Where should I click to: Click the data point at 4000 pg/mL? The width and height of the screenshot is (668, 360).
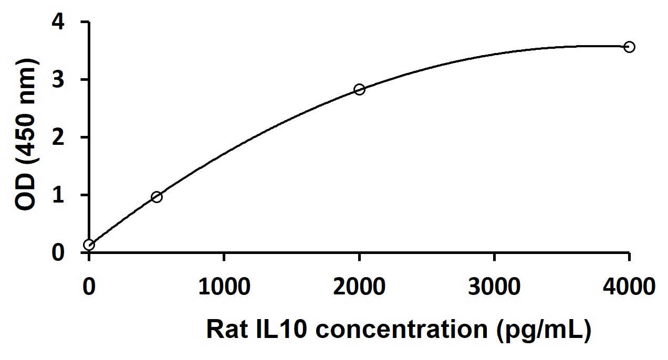[629, 47]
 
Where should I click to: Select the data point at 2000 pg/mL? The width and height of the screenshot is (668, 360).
[359, 89]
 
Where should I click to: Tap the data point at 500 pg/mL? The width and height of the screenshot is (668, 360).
[156, 197]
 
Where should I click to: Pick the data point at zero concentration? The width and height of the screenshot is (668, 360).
[89, 245]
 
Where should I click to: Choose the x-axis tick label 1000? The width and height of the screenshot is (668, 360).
[224, 288]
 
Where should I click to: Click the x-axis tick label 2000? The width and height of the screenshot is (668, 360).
[359, 288]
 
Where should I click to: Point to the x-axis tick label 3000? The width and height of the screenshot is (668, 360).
[494, 288]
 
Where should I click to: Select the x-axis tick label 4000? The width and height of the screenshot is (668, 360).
[629, 288]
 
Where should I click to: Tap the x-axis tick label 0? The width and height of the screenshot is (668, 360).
[89, 288]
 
